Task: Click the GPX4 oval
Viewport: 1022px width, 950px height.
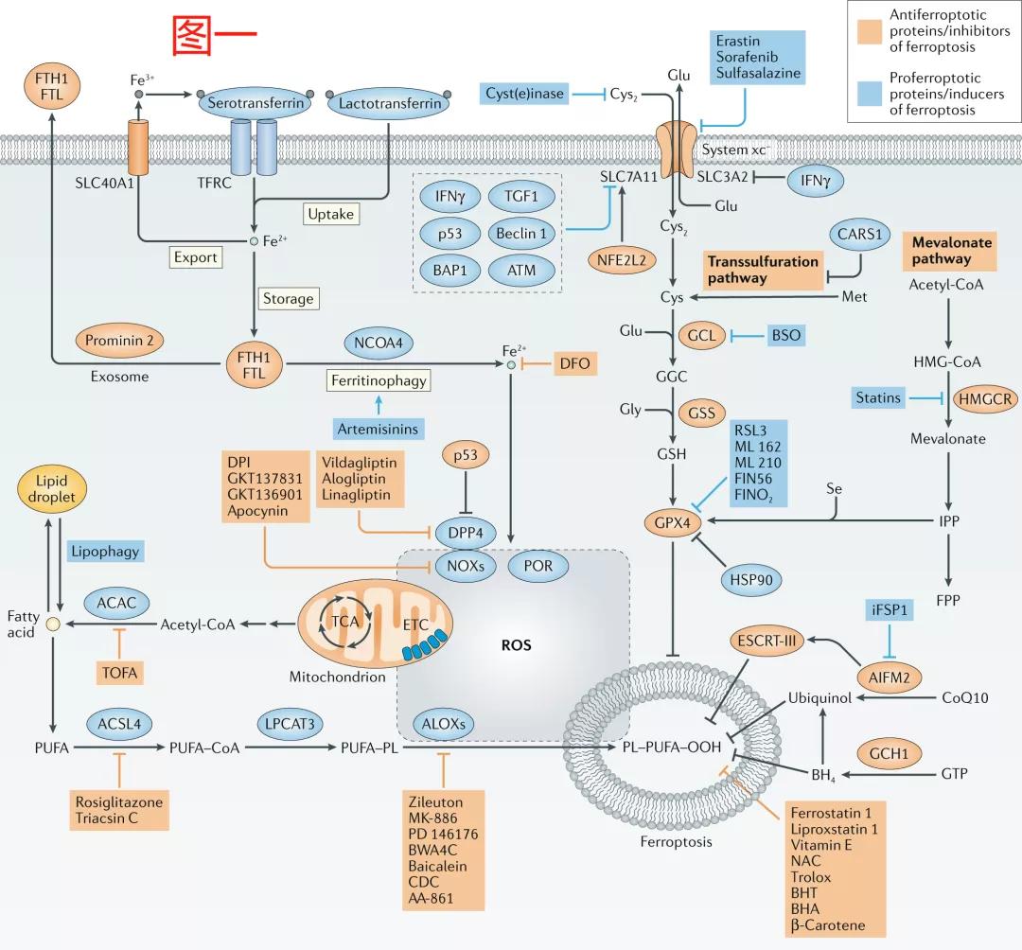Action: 670,521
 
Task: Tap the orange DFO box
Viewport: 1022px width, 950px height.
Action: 573,363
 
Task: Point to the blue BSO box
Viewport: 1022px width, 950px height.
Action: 785,335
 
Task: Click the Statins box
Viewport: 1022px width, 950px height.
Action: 878,397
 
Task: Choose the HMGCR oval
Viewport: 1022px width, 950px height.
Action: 984,399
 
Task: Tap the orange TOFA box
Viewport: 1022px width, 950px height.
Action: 119,673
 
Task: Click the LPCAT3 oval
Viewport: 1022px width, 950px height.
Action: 290,723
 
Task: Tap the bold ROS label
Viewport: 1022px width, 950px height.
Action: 516,646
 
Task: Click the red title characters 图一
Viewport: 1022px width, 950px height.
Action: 215,36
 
